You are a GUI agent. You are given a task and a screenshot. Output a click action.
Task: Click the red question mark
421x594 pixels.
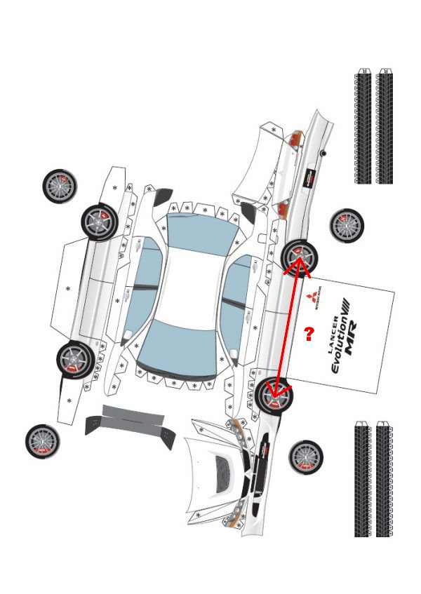click(307, 334)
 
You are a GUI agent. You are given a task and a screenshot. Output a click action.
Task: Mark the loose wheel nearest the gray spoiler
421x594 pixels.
click(43, 442)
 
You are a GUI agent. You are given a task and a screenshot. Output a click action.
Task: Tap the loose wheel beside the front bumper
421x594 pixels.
click(306, 457)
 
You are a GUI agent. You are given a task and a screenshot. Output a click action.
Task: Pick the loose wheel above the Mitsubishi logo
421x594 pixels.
click(347, 224)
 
